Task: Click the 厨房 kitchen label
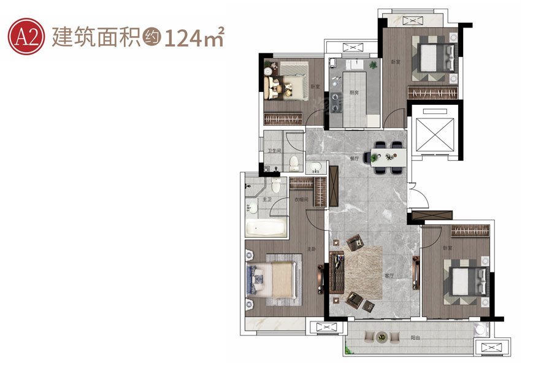(x=354, y=93)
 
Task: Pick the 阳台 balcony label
(x=415, y=337)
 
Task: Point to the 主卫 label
(x=267, y=200)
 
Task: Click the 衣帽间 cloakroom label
(x=300, y=200)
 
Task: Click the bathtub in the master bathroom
(x=266, y=229)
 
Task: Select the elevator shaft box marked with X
(x=434, y=132)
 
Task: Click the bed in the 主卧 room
(x=273, y=280)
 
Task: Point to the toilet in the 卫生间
(x=294, y=163)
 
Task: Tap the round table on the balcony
(x=381, y=337)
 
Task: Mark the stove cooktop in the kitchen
(x=335, y=102)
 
